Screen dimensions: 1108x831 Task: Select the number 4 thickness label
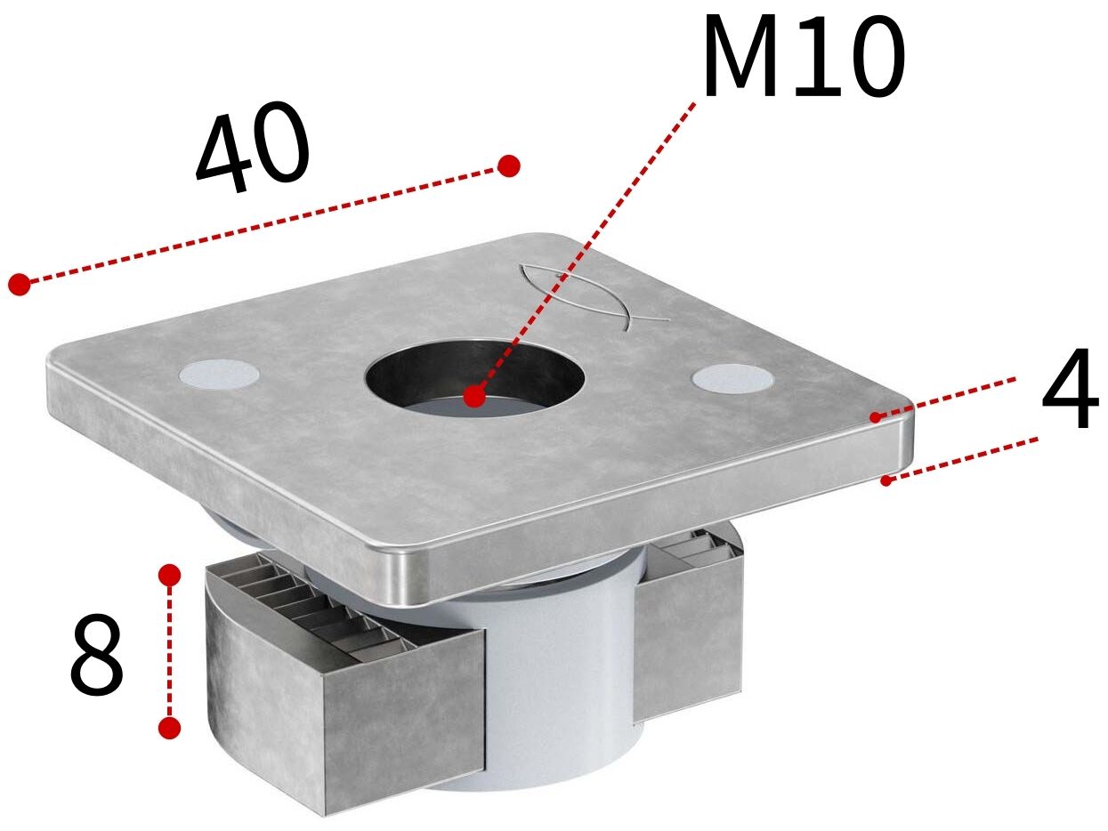[1070, 388]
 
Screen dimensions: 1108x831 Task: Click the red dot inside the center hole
[474, 396]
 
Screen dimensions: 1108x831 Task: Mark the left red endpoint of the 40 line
[20, 284]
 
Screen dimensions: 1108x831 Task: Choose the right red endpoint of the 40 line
[508, 165]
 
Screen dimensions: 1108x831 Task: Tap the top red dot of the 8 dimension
[169, 575]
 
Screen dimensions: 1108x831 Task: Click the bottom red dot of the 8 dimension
[169, 728]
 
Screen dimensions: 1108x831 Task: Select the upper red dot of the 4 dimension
[876, 416]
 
